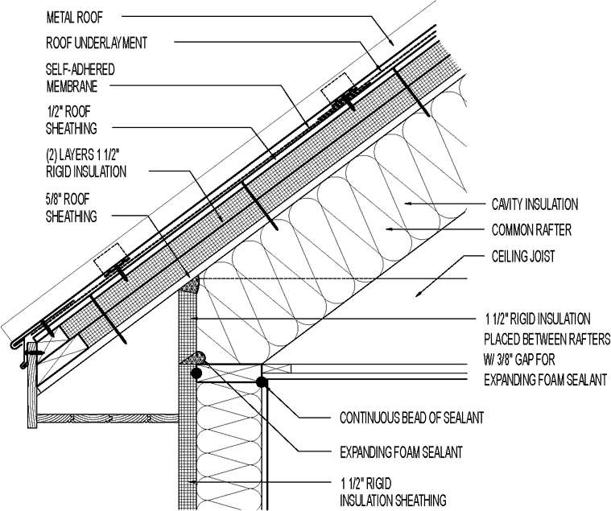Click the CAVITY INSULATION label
pos(535,204)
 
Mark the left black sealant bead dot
pos(195,373)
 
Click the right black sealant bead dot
pos(262,381)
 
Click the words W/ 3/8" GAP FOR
pos(526,359)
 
